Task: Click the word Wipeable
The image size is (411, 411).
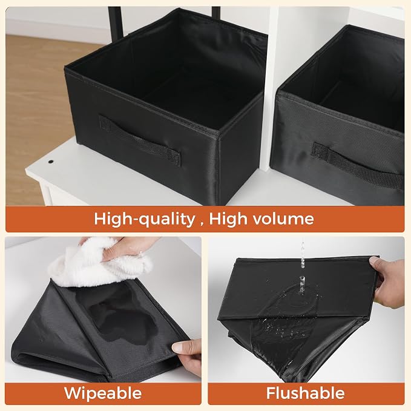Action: pyautogui.click(x=103, y=393)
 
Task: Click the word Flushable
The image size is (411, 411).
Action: pyautogui.click(x=305, y=393)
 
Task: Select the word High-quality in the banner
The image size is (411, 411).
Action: pyautogui.click(x=145, y=219)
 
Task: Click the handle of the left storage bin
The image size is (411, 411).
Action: pyautogui.click(x=140, y=141)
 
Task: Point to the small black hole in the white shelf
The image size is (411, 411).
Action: pyautogui.click(x=50, y=162)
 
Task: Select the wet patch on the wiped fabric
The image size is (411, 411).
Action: pyautogui.click(x=123, y=320)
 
